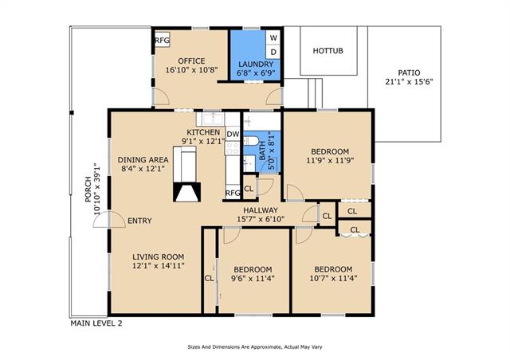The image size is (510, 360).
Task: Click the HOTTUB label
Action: click(x=328, y=51)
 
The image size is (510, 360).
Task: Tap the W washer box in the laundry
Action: click(x=273, y=37)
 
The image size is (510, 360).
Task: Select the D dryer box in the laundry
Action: click(x=273, y=52)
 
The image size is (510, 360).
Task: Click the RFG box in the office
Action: click(x=162, y=41)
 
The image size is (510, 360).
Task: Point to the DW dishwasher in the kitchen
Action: click(x=233, y=134)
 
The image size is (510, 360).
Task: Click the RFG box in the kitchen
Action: click(x=233, y=193)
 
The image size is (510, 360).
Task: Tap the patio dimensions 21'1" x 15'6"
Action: click(x=409, y=81)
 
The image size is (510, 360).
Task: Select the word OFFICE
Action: click(x=191, y=61)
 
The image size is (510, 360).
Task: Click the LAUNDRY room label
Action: click(x=256, y=64)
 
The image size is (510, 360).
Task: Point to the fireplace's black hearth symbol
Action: click(x=186, y=192)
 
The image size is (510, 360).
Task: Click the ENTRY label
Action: click(x=140, y=221)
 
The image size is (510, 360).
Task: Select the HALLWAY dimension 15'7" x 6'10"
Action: click(x=261, y=219)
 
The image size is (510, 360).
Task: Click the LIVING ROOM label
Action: click(x=159, y=257)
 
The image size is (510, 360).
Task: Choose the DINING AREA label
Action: click(x=143, y=159)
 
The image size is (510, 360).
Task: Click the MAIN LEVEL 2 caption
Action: click(x=96, y=323)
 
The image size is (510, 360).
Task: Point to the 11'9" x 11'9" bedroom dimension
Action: click(x=330, y=160)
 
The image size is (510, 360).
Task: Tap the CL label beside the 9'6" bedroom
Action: click(x=209, y=279)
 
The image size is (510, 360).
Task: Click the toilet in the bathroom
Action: click(x=251, y=141)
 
